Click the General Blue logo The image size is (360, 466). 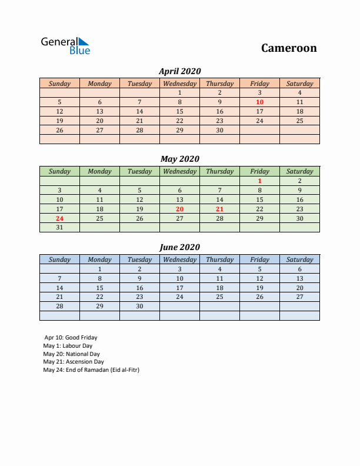(65, 46)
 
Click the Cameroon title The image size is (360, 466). (289, 48)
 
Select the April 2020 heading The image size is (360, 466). (179, 71)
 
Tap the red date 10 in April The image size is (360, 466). (259, 102)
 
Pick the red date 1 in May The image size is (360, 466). (259, 181)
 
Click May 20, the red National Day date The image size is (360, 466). (179, 209)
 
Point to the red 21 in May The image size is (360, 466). (219, 209)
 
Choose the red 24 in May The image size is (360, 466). (59, 218)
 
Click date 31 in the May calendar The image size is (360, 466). (59, 228)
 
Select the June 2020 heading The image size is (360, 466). (179, 247)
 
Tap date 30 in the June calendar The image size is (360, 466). (139, 307)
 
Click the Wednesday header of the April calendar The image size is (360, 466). (179, 84)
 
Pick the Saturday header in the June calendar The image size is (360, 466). (299, 259)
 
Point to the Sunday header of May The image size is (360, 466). (59, 171)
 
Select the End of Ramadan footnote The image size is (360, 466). (91, 370)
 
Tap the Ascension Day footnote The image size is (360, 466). (74, 362)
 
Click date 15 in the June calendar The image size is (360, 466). (99, 288)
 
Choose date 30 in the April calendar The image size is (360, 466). (219, 130)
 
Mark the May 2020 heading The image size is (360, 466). (179, 159)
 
